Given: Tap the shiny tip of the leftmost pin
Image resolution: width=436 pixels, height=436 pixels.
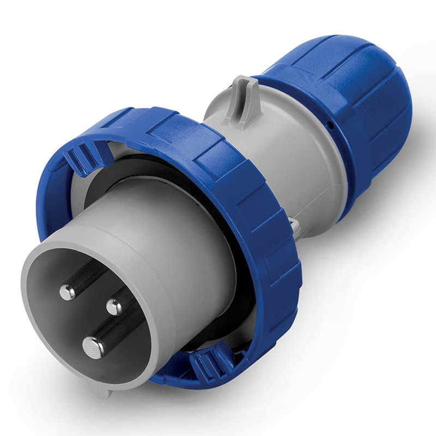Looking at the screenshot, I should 68,293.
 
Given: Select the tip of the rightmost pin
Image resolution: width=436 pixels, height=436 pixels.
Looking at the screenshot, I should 114,307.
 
